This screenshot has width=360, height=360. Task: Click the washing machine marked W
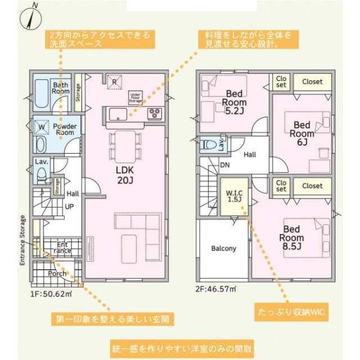(41, 127)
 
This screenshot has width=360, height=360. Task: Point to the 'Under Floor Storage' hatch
(136, 98)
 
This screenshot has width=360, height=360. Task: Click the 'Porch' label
(58, 273)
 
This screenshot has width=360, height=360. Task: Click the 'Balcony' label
(223, 248)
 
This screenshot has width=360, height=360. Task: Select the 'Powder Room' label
(64, 130)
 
